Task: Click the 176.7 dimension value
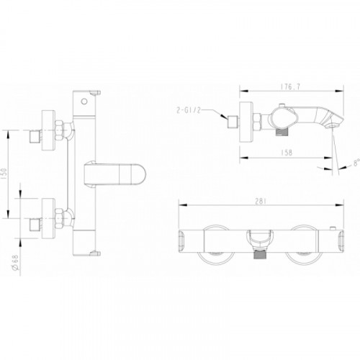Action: [290, 87]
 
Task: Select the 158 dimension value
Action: [287, 153]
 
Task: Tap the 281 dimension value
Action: [261, 201]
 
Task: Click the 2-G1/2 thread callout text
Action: [188, 110]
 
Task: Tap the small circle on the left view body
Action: [84, 102]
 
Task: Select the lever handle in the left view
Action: [114, 174]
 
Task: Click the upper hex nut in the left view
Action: [59, 130]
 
